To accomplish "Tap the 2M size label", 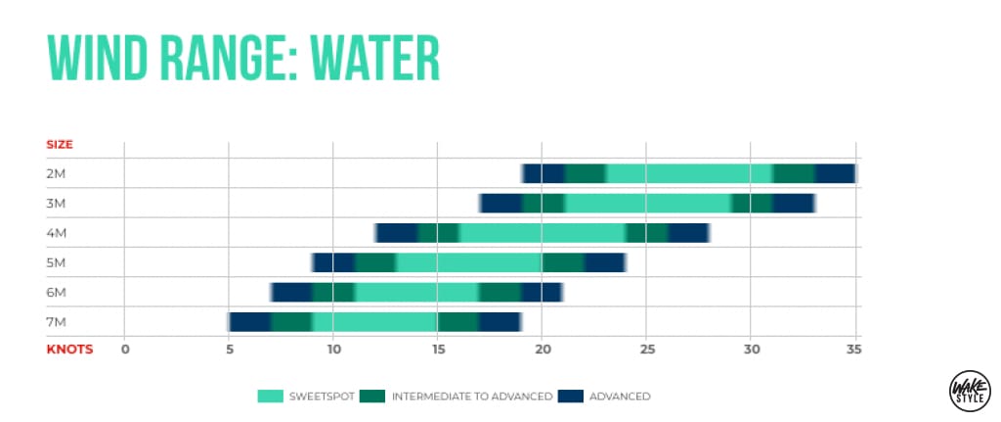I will coord(58,174).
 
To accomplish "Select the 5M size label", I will coord(58,262).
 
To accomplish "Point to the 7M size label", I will coord(58,322).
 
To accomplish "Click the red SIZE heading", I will coord(60,145).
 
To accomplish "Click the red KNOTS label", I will coord(69,350).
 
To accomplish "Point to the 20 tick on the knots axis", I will coord(542,350).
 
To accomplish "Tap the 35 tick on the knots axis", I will coord(854,350).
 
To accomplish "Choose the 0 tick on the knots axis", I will coord(124,350).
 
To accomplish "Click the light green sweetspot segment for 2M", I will coord(689,174).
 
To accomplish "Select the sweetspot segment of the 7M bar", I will coord(374,322).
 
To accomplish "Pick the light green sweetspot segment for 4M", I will coord(543,233).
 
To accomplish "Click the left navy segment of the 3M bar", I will coord(501,204).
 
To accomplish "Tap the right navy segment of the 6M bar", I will coord(542,292).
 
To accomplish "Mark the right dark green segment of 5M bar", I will coord(564,262).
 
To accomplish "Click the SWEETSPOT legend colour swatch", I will coord(271,397).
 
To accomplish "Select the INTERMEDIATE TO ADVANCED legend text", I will coord(472,397).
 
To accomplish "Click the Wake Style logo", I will coord(965,390).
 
